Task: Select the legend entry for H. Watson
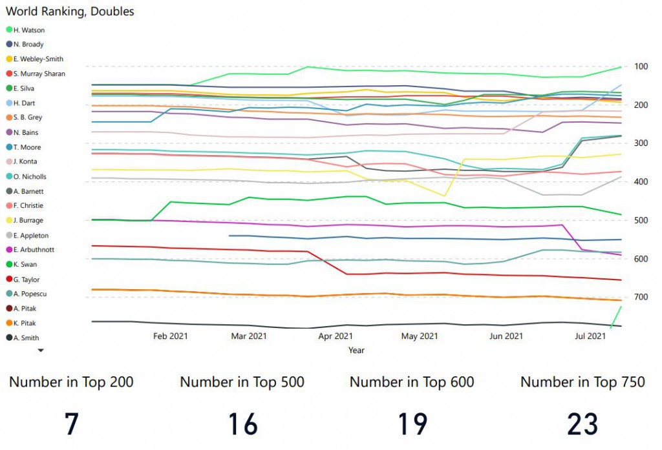click(x=28, y=30)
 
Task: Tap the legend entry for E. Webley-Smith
click(x=38, y=59)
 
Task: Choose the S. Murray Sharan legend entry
click(x=39, y=74)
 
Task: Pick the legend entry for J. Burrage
click(x=28, y=220)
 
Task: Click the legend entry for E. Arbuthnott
click(x=34, y=249)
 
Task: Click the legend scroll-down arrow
click(x=41, y=350)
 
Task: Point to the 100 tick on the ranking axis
click(x=641, y=66)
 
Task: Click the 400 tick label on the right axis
click(x=641, y=181)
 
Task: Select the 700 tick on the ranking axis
click(x=641, y=297)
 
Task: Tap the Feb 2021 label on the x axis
click(x=171, y=336)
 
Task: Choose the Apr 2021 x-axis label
click(x=336, y=336)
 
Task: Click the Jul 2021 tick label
click(x=590, y=336)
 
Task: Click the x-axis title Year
click(x=356, y=350)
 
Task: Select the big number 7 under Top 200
click(x=71, y=424)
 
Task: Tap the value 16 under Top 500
click(x=242, y=424)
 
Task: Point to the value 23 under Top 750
click(x=582, y=424)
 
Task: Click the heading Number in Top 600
click(x=412, y=382)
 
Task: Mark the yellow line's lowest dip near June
click(x=444, y=196)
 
